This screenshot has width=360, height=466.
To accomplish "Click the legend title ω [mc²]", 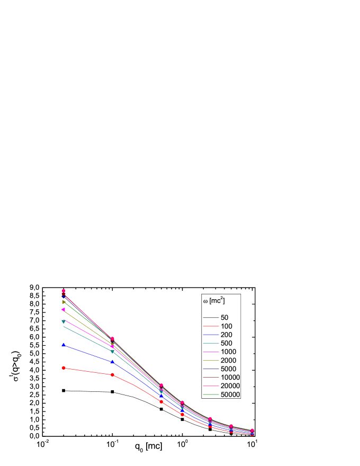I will tap(214, 301).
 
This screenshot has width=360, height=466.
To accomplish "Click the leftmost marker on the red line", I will tap(64, 368).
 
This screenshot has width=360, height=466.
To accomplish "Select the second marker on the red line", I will tap(112, 375).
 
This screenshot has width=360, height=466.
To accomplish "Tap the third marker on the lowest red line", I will tap(161, 401).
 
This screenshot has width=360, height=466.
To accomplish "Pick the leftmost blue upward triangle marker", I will tap(64, 345).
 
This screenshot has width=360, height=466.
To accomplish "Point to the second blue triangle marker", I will tap(112, 362).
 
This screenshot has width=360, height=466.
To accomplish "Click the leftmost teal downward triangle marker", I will tap(64, 321).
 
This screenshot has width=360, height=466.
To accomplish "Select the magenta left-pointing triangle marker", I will tap(64, 309).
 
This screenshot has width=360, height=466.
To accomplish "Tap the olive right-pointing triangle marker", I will tap(64, 302).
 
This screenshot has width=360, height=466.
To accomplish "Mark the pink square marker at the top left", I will tap(64, 291).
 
